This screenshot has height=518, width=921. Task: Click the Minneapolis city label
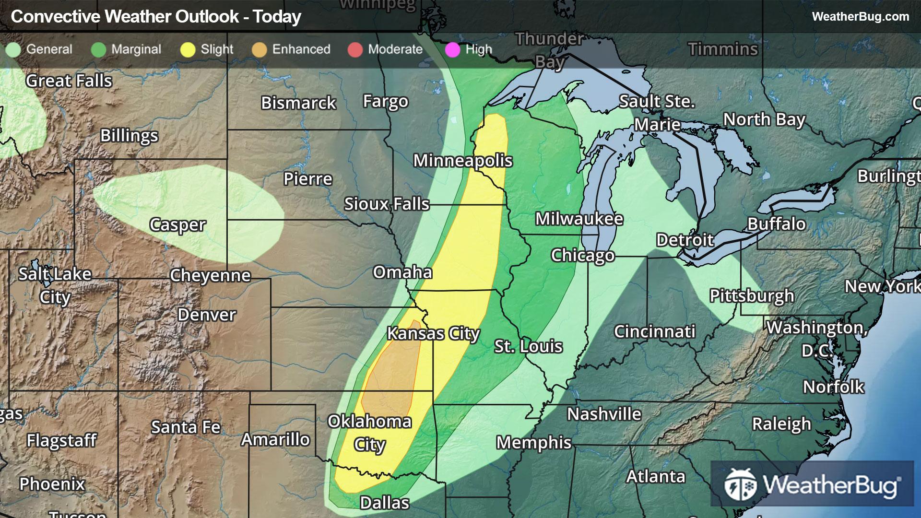(x=463, y=161)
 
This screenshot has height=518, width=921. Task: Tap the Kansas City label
(x=433, y=333)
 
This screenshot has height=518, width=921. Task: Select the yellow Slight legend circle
(x=188, y=50)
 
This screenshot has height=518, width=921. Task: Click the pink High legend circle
(x=452, y=50)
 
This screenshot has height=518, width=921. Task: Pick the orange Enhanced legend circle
(x=259, y=50)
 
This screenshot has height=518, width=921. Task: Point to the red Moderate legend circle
(x=355, y=50)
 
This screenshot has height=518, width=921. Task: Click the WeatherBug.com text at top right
(x=860, y=17)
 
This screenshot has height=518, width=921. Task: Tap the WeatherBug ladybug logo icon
(x=740, y=484)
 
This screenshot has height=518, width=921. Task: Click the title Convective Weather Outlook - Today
(x=156, y=17)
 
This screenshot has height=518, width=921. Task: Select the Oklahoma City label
(x=369, y=433)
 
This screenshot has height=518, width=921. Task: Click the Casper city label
(x=177, y=224)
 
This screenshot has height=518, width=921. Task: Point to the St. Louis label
(x=528, y=346)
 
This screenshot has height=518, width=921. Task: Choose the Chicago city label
(x=582, y=255)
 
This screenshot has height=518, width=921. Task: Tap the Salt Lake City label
(x=55, y=285)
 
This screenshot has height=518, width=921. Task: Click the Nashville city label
(x=604, y=414)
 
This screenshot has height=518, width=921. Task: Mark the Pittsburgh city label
(x=752, y=295)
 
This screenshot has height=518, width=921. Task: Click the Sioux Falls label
(x=387, y=204)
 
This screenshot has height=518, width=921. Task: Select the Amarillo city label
(x=275, y=439)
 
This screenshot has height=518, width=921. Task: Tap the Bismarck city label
(x=298, y=103)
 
